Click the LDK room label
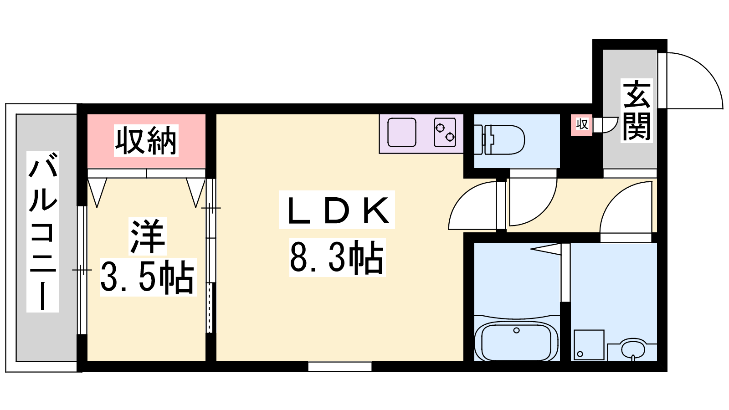click(x=337, y=210)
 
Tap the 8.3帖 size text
click(x=337, y=257)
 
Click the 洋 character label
click(x=148, y=236)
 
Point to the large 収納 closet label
click(x=146, y=140)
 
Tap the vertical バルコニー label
click(x=43, y=232)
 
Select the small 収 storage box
click(x=581, y=123)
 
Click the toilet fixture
click(x=499, y=139)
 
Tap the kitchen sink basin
click(x=402, y=133)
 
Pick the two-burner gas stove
click(x=445, y=133)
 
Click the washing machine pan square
click(x=589, y=345)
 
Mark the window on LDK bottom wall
click(x=340, y=367)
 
